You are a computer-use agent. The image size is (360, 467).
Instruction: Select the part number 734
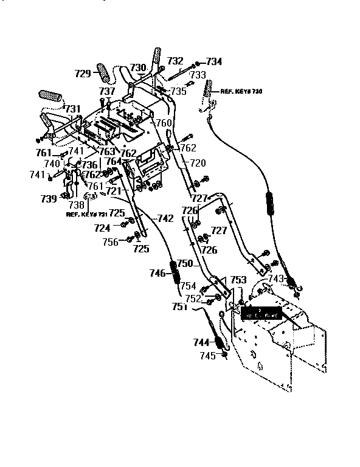(x=214, y=61)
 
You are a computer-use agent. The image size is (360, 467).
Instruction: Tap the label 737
(x=107, y=91)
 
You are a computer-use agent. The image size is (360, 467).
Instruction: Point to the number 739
(x=49, y=198)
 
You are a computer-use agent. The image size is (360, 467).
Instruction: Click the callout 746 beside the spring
(x=157, y=274)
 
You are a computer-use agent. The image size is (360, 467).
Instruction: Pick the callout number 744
(x=202, y=342)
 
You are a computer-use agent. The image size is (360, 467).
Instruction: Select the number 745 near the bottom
(x=208, y=356)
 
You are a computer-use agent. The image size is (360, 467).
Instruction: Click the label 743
(x=276, y=278)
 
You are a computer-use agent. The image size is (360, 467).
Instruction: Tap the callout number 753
(x=238, y=280)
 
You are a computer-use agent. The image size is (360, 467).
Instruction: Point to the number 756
(x=110, y=241)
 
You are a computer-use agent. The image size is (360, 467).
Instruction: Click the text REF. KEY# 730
(x=243, y=88)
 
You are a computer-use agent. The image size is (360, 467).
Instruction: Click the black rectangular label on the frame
(x=261, y=314)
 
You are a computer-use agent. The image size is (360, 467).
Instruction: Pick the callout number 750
(x=184, y=263)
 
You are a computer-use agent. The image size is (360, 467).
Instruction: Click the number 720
(x=198, y=163)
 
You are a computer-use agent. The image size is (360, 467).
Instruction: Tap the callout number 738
(x=76, y=206)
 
